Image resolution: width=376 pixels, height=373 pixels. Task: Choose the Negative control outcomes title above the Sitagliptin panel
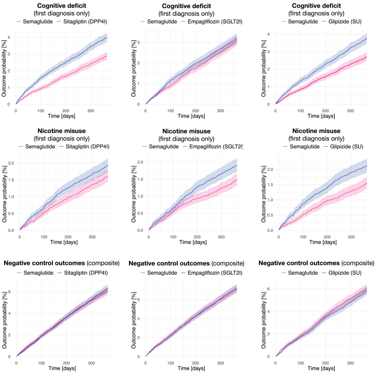point(62,263)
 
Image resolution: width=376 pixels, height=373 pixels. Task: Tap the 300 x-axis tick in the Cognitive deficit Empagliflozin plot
point(220,110)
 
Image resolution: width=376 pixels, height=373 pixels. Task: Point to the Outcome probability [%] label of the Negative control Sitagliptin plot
point(4,319)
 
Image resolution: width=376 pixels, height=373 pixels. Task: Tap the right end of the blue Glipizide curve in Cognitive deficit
point(366,38)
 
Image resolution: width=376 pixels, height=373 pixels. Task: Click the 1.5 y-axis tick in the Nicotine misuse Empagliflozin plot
point(141,179)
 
